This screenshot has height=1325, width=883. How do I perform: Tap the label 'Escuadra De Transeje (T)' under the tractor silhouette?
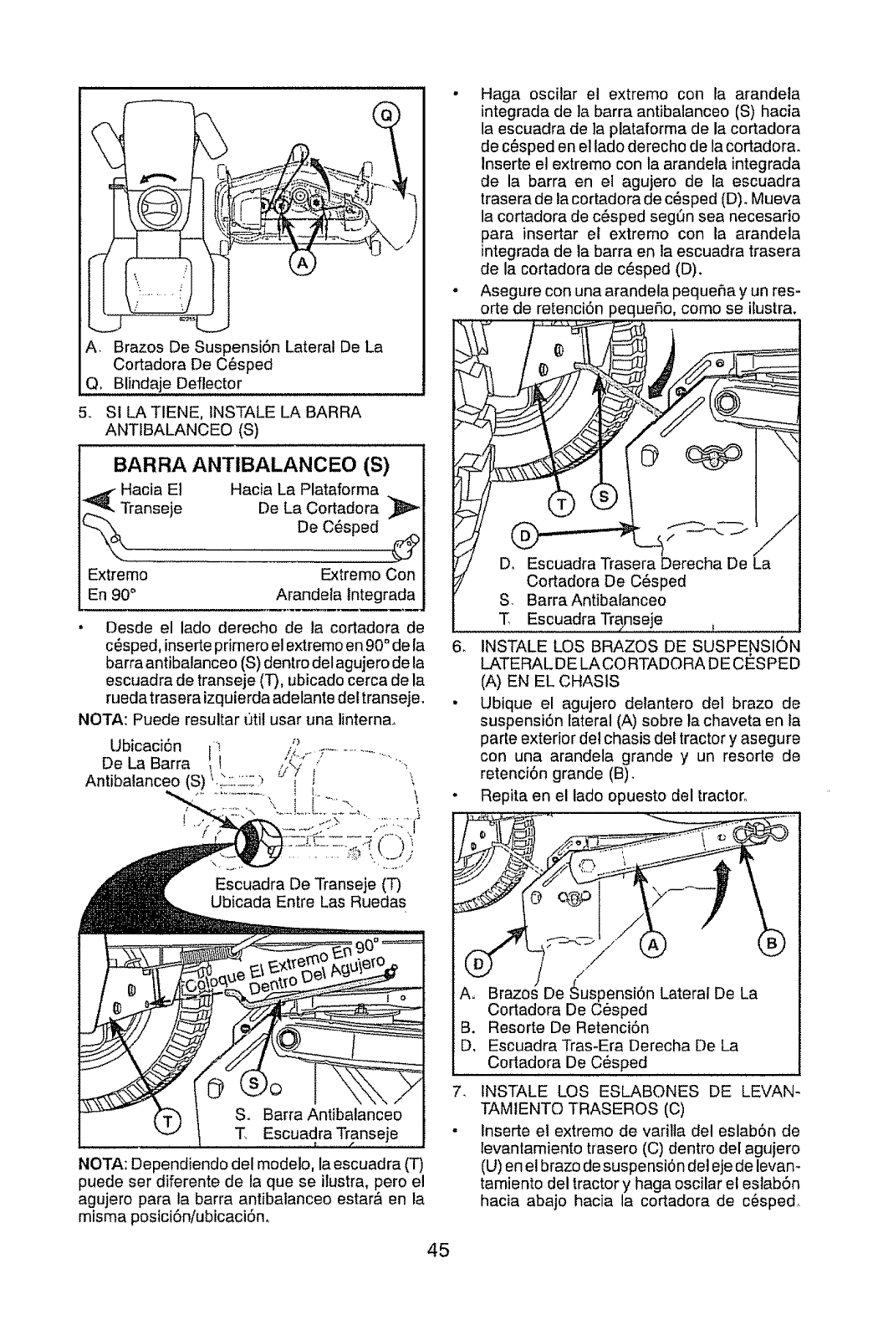[309, 886]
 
